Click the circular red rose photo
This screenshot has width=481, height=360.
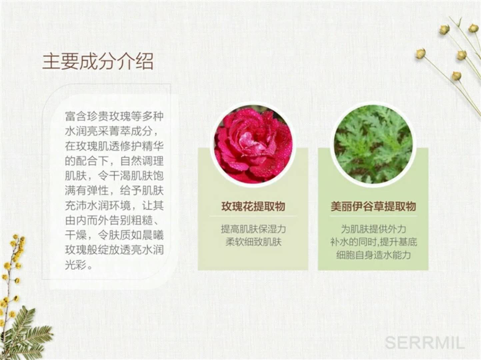(x=253, y=145)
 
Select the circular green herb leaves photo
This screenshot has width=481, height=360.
(x=373, y=145)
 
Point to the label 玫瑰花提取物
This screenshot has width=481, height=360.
(x=253, y=206)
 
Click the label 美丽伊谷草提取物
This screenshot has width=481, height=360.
(x=373, y=206)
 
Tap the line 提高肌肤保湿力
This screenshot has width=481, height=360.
(x=253, y=229)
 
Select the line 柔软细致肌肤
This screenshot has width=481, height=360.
(x=253, y=242)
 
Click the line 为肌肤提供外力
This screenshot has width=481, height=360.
(x=373, y=229)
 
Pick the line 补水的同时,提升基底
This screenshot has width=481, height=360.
(x=373, y=242)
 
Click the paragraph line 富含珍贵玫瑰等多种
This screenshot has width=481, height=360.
(x=114, y=116)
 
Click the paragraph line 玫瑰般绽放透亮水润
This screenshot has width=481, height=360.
(x=114, y=250)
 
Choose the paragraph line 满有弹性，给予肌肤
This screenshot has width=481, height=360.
(x=114, y=191)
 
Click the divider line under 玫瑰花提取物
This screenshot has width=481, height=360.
(x=253, y=216)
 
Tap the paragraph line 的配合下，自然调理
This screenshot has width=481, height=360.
(x=114, y=161)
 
